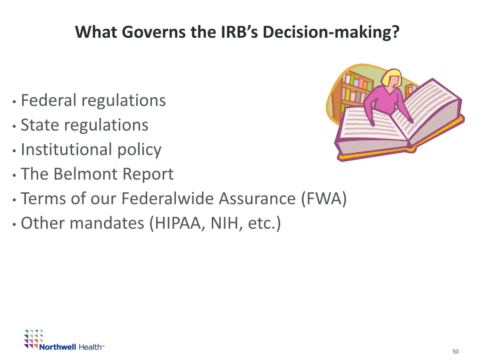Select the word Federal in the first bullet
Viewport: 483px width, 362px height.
click(x=49, y=100)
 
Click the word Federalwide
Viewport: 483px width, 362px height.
click(x=167, y=198)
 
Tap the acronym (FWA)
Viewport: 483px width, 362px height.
click(x=324, y=198)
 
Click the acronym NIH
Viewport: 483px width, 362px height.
click(x=225, y=223)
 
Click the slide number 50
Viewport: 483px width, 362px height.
click(x=455, y=352)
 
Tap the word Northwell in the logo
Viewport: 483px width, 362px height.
click(x=58, y=347)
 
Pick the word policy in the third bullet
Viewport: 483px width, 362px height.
click(x=141, y=149)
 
